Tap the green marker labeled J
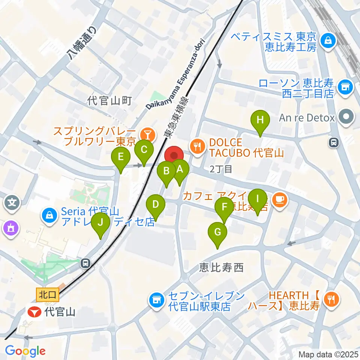pyautogui.click(x=100, y=222)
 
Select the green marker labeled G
pyautogui.click(x=217, y=232)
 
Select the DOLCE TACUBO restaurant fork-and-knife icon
pyautogui.click(x=197, y=146)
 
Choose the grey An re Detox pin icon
pyautogui.click(x=346, y=117)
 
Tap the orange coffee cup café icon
pyautogui.click(x=280, y=200)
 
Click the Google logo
pyautogui.click(x=25, y=351)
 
